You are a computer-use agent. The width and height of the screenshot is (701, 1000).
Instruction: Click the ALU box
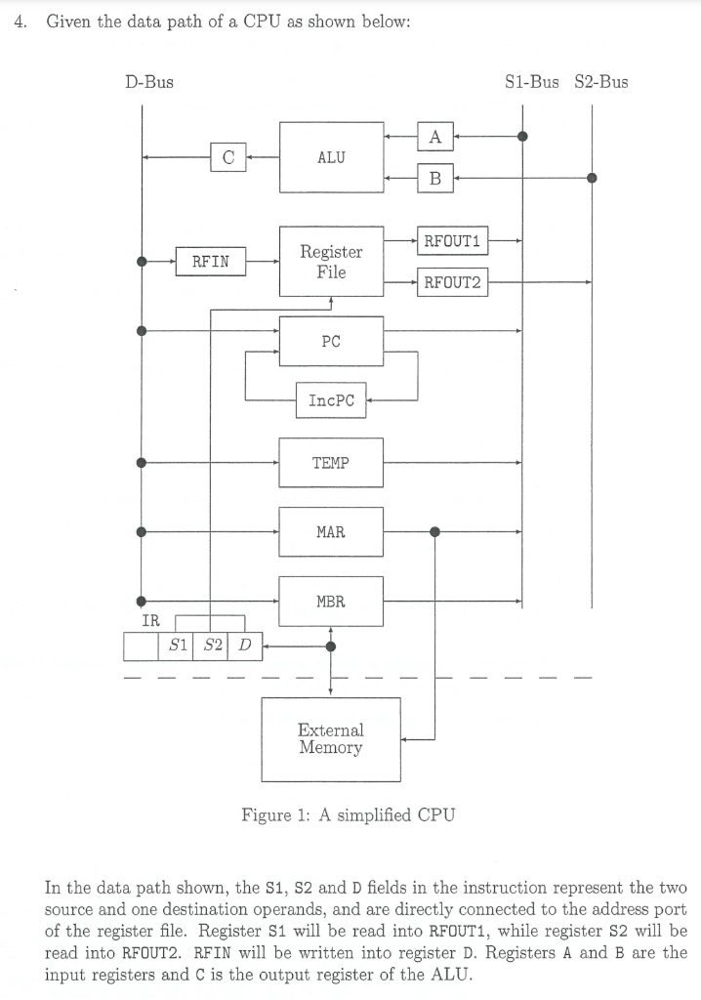coord(331,157)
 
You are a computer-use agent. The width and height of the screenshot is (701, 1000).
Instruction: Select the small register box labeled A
coord(434,138)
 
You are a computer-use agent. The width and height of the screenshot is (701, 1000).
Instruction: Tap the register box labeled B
coord(434,178)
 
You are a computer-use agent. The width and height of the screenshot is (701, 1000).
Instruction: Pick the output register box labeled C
coord(227,156)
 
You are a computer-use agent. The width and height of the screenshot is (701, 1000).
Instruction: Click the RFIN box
coord(210,261)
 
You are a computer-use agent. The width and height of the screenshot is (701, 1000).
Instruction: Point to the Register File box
coord(331,261)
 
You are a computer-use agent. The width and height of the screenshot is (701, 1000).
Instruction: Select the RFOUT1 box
coord(453,239)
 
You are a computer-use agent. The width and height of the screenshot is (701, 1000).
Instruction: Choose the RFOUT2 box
coord(453,283)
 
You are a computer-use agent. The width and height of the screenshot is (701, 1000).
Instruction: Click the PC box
coord(331,341)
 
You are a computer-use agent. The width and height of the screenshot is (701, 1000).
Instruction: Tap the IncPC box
coord(331,400)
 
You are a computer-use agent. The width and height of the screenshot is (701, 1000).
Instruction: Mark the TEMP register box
coord(331,463)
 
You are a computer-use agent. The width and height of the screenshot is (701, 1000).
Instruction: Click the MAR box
coord(331,532)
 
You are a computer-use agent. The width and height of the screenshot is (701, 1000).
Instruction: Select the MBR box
coord(331,602)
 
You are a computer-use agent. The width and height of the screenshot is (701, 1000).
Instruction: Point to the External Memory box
coord(331,739)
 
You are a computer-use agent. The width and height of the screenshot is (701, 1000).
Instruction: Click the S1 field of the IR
coord(177,646)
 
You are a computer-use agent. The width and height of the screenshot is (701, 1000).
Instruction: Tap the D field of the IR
coord(245,646)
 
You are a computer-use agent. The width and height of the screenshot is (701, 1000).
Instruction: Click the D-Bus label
coord(149,82)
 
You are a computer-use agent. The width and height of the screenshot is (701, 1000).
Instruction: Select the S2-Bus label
coord(601,82)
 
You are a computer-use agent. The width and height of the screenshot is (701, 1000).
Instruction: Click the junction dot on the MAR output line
coord(434,532)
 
